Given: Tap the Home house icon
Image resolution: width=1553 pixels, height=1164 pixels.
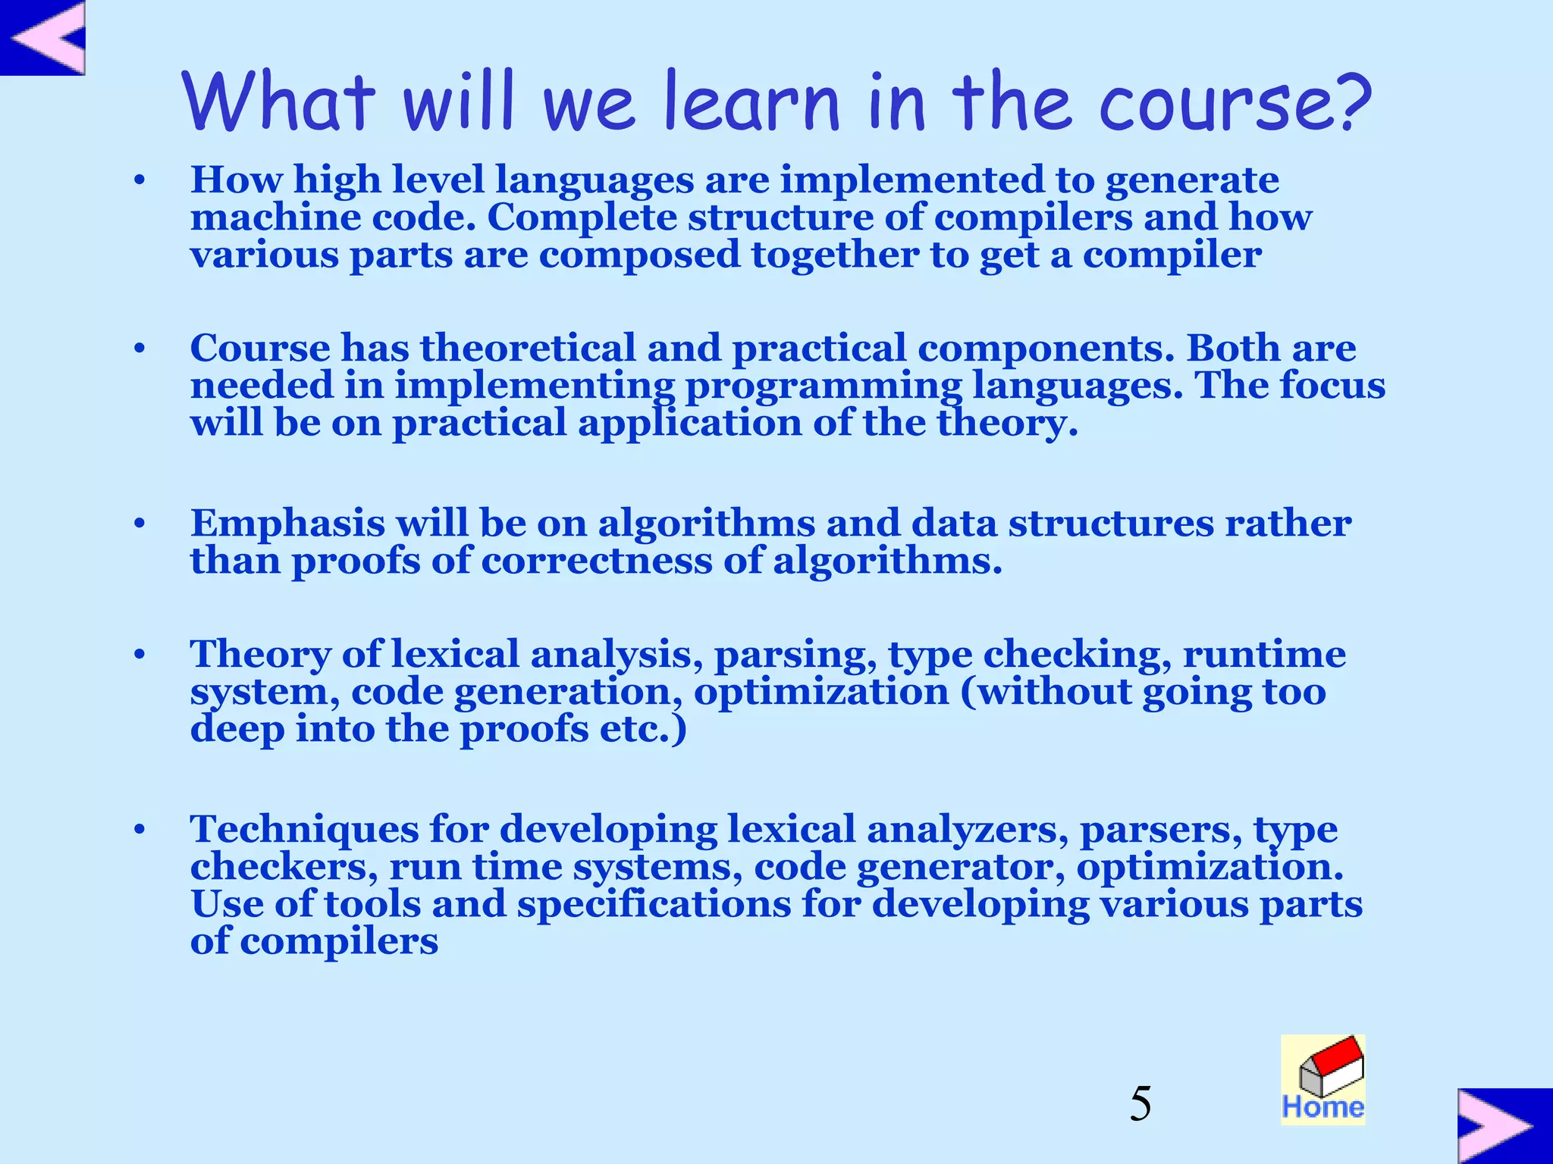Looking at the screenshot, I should click(x=1323, y=1079).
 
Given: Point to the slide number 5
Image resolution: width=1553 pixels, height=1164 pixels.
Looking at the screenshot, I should click(x=1140, y=1103).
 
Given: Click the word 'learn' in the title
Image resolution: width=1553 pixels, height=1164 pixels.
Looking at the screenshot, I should click(x=751, y=102).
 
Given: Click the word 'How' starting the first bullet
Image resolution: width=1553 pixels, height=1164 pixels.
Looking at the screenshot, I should click(x=236, y=180).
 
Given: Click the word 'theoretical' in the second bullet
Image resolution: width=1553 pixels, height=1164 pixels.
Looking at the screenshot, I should click(x=528, y=349).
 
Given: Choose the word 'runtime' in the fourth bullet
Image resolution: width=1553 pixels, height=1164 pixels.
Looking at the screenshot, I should click(x=1264, y=654).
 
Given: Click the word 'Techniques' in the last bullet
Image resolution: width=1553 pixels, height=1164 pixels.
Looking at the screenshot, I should click(x=304, y=830).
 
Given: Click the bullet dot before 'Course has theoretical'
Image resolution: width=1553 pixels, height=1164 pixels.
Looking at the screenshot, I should click(x=139, y=349).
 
